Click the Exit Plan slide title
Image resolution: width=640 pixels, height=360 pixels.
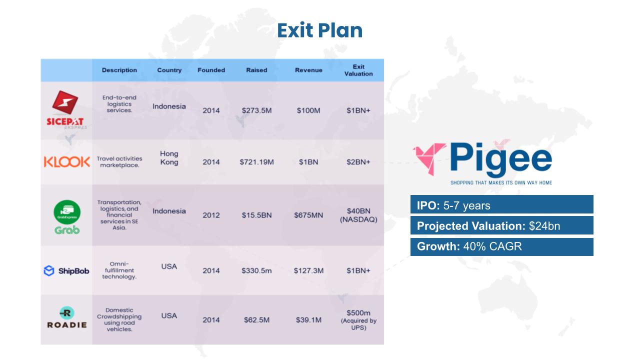319,30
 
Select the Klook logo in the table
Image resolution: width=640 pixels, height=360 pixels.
67,162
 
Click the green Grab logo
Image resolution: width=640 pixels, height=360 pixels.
67,217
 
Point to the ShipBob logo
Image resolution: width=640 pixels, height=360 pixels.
66,270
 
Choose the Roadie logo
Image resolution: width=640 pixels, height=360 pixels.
67,317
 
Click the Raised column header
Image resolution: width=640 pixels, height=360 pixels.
256,70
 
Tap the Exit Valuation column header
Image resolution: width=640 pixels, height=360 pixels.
358,70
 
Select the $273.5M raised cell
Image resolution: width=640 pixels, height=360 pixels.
256,110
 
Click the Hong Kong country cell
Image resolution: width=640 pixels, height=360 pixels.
169,158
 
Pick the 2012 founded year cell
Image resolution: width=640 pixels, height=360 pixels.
211,215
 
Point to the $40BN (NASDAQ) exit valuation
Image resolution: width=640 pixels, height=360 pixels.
358,215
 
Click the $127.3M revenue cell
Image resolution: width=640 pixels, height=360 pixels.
308,270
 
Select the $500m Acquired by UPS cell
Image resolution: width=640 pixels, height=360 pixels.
358,319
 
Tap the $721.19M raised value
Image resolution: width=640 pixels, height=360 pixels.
256,162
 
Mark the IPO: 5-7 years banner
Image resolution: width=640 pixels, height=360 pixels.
501,204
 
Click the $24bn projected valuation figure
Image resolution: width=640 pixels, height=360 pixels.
544,226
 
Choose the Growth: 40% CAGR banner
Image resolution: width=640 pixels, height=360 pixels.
501,247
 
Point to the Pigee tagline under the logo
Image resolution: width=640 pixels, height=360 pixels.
501,183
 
